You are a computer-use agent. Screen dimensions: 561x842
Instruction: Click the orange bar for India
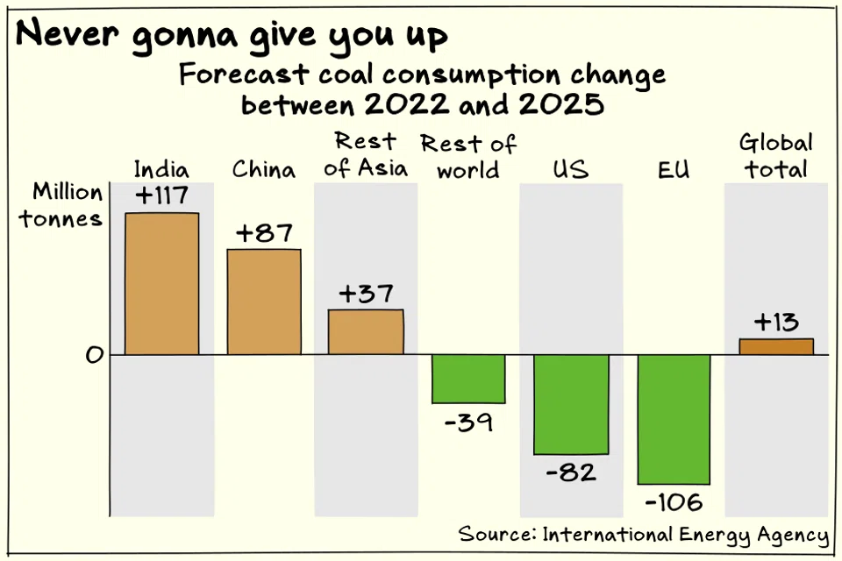[x=161, y=283]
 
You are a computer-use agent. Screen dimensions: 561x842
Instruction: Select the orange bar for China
[x=264, y=302]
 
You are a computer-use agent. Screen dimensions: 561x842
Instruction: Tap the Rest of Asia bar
[x=366, y=332]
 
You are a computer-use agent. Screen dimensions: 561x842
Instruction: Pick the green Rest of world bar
[x=468, y=379]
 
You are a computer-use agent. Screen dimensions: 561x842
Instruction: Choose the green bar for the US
[x=571, y=404]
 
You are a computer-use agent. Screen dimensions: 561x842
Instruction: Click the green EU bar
[x=674, y=419]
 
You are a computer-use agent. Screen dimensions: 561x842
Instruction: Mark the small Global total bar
[x=776, y=346]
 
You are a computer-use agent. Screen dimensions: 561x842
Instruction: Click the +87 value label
[x=264, y=233]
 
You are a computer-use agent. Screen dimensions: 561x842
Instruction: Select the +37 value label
[x=366, y=294]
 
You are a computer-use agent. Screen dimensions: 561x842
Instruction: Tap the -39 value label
[x=468, y=423]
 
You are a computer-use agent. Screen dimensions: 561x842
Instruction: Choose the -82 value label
[x=571, y=473]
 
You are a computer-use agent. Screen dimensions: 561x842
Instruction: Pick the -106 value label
[x=674, y=503]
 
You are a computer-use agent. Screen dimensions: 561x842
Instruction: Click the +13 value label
[x=776, y=323]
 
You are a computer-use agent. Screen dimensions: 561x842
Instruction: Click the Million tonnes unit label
[x=68, y=205]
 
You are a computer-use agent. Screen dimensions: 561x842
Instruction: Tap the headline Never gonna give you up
[x=232, y=36]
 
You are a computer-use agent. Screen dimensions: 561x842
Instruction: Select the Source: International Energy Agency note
[x=643, y=535]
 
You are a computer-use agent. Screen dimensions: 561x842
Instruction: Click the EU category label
[x=673, y=168]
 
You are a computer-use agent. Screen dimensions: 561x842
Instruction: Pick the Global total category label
[x=776, y=156]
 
